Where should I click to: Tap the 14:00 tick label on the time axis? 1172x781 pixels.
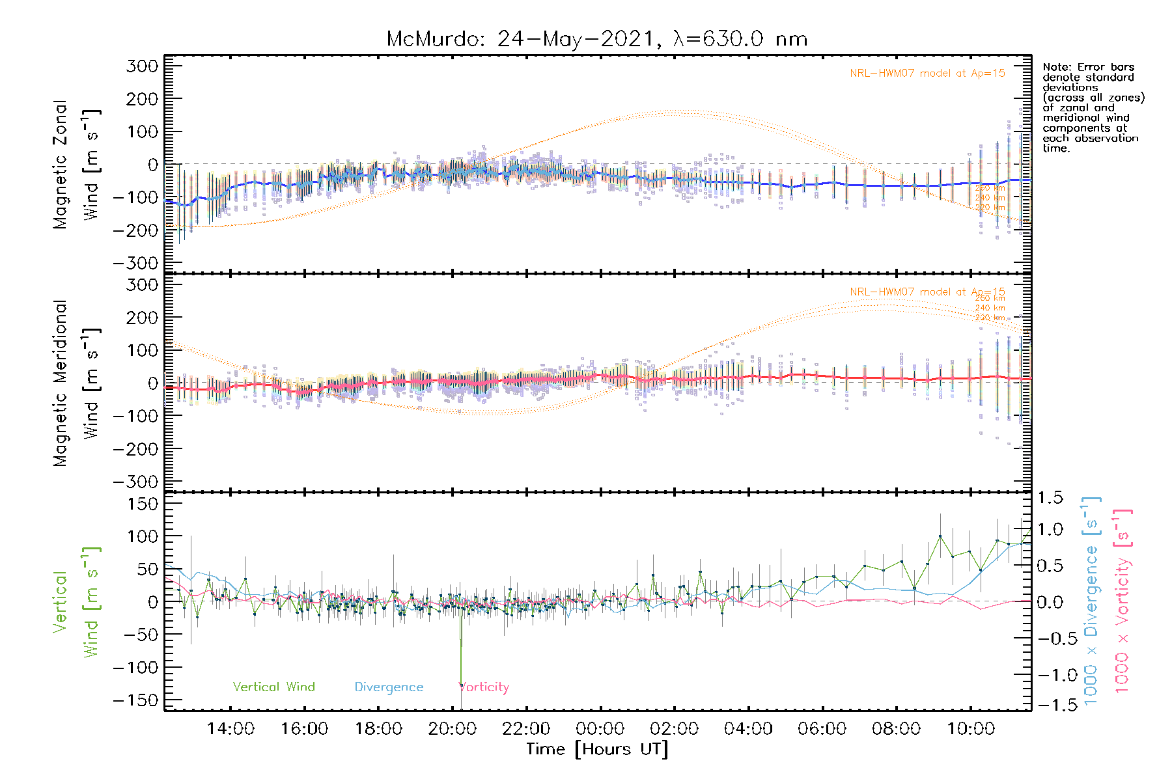click(x=230, y=728)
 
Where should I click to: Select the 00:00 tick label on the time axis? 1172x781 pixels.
click(x=600, y=728)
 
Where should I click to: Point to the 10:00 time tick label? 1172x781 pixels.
click(x=970, y=728)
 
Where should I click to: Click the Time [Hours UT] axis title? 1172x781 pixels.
click(x=597, y=749)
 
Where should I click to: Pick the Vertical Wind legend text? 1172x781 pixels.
click(x=273, y=687)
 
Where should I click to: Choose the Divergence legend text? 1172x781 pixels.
click(x=389, y=687)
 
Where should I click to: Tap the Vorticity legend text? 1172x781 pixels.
click(x=484, y=687)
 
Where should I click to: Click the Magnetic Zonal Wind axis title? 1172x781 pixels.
click(x=76, y=164)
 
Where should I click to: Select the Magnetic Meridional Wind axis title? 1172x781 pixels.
click(x=76, y=383)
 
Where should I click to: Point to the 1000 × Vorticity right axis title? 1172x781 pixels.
click(x=1123, y=600)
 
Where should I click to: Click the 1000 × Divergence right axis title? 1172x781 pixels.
click(x=1091, y=600)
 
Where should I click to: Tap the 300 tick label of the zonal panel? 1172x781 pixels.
click(x=142, y=66)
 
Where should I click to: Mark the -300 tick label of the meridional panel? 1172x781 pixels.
click(x=135, y=482)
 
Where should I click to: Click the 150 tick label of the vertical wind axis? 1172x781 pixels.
click(x=142, y=504)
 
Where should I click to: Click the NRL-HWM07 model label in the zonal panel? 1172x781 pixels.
click(x=927, y=74)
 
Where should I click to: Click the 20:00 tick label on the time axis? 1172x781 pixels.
click(x=453, y=728)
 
